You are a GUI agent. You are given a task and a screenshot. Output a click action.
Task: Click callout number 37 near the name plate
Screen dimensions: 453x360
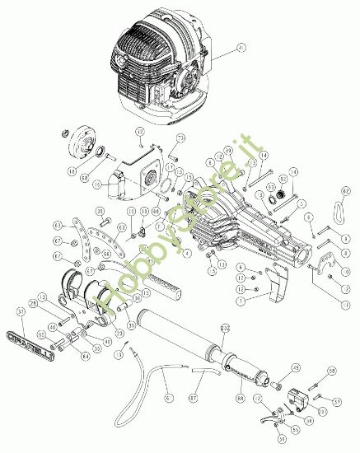click(21, 311)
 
